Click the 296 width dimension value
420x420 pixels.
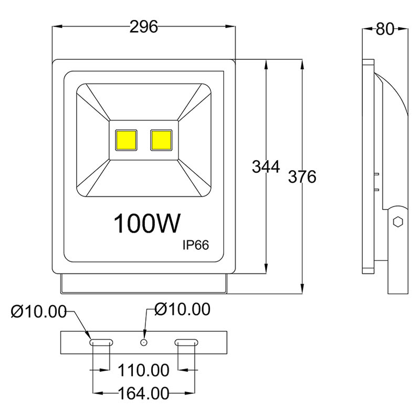click(x=144, y=27)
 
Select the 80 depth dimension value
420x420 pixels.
click(x=385, y=29)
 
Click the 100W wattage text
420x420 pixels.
click(x=148, y=224)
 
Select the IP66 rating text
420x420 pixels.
click(x=196, y=245)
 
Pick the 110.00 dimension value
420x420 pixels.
click(x=144, y=371)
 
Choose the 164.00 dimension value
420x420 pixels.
click(x=144, y=393)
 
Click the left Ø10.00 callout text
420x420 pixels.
click(x=39, y=312)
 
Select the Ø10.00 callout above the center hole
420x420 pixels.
click(x=182, y=309)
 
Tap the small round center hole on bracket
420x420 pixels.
click(x=143, y=342)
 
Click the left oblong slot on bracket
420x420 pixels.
click(x=100, y=342)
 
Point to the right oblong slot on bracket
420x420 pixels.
click(x=186, y=342)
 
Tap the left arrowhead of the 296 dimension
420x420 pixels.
click(x=57, y=27)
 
